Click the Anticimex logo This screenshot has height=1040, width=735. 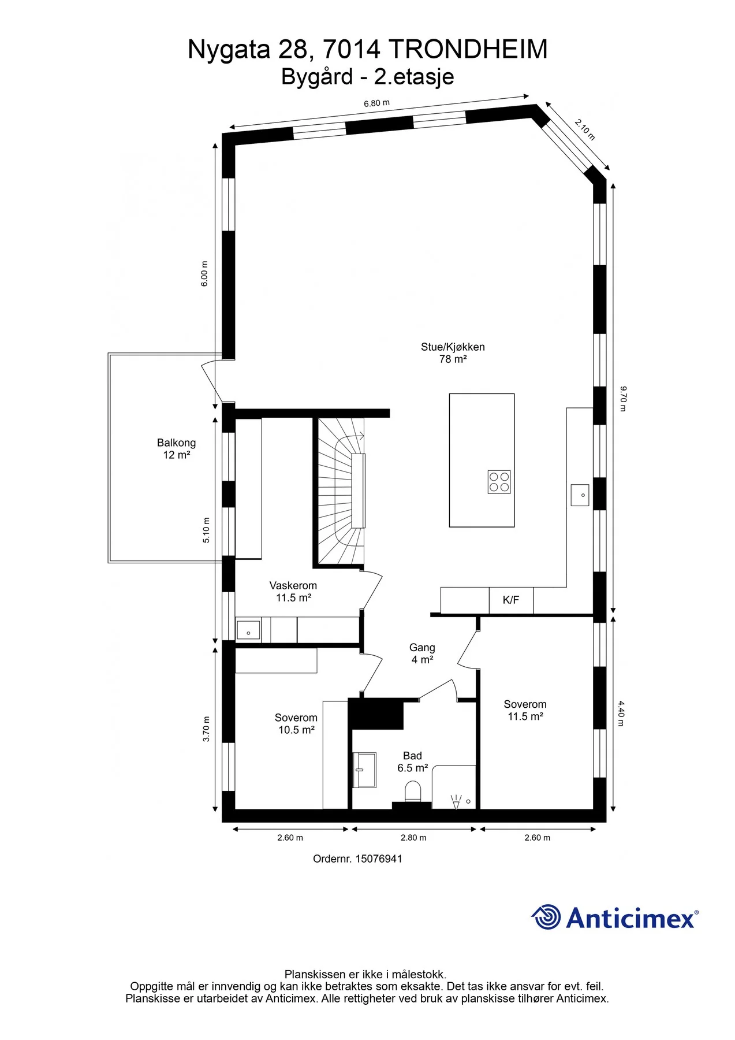pos(614,917)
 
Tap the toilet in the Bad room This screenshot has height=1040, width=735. pos(413,791)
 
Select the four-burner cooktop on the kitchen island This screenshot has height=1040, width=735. pos(499,482)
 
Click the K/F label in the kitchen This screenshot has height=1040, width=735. pos(511,600)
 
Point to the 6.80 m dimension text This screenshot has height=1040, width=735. pos(376,103)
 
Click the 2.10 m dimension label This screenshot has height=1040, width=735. pos(585,129)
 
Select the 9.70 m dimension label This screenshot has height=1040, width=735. pos(622,399)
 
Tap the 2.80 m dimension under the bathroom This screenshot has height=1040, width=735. pos(413,837)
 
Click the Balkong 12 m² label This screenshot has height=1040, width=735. pos(176,449)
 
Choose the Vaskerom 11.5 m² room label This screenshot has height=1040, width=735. pos(293,592)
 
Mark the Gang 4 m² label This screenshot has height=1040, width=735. pos(422,653)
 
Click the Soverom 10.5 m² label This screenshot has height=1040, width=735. pos(296,723)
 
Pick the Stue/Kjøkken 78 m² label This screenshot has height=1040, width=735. pos(453,352)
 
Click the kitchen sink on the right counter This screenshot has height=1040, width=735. pos(580,495)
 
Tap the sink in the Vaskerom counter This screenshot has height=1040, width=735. pos(248,630)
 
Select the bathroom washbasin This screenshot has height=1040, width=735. pos(364,770)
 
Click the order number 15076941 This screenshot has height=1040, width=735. pos(357,859)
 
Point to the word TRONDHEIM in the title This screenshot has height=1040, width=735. pos(468,49)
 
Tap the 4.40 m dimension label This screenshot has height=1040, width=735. pos(621,713)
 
